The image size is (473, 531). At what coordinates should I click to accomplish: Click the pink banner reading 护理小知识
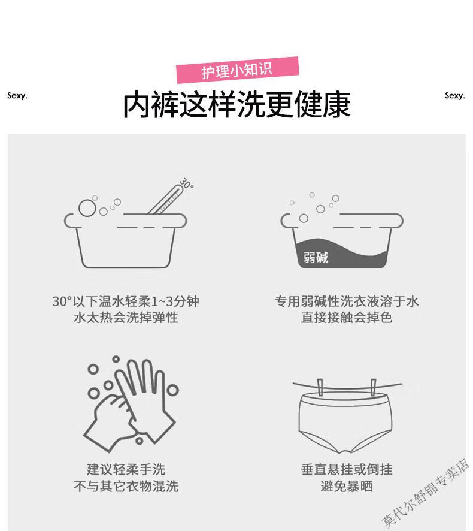point(238,70)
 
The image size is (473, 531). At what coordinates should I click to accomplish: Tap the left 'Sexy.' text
point(17,96)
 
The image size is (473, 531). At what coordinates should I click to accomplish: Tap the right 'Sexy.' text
point(455,96)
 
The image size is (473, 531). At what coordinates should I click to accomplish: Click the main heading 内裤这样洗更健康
point(236,105)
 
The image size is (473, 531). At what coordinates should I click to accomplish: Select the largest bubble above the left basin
point(87,208)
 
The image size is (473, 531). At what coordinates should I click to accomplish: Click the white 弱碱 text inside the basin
point(316,257)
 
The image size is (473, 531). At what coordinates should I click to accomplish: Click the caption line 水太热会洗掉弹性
point(126,318)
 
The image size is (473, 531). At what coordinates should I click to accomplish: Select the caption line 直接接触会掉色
point(347,318)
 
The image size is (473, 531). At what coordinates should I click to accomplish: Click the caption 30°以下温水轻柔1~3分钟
point(126,301)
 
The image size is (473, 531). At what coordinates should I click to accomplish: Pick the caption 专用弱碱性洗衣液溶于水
point(347,301)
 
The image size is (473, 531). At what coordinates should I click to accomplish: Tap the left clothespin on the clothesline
point(320,387)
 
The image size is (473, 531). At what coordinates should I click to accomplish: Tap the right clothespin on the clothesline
point(373,387)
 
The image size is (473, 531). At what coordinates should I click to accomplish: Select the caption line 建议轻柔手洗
point(126,470)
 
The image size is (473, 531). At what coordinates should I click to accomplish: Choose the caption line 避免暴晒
point(347,486)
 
